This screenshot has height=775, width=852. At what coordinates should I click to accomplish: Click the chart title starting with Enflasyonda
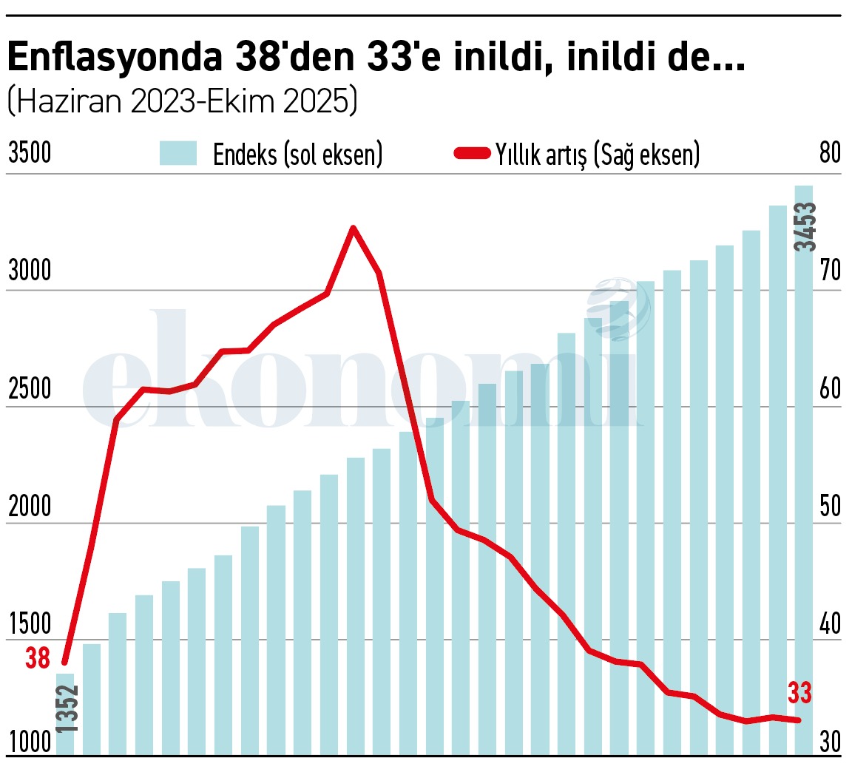(376, 58)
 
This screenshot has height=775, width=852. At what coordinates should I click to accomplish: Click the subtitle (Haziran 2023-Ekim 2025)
(182, 101)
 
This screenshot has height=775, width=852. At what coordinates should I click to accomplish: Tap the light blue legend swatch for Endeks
(178, 154)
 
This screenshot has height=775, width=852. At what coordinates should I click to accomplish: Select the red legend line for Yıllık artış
(471, 154)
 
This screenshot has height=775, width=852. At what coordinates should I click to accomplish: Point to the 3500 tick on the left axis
(30, 154)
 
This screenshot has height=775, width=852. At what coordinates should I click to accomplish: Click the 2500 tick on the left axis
(30, 389)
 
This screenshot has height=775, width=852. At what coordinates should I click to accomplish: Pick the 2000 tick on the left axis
(30, 507)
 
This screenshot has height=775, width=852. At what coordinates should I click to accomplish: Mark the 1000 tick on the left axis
(30, 742)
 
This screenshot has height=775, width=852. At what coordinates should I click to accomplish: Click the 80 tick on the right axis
(830, 153)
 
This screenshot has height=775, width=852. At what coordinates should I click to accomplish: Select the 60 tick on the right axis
(830, 389)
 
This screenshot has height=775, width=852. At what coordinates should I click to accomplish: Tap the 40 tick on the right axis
(830, 624)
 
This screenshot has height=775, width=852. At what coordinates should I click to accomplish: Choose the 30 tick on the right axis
(830, 742)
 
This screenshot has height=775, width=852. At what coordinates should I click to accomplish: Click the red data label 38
(38, 658)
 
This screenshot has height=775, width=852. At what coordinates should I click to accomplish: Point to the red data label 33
(799, 694)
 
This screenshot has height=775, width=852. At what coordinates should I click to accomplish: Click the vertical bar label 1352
(67, 708)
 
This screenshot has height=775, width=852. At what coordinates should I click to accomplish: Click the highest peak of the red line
(354, 228)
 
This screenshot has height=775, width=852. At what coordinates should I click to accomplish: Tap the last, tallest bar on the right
(804, 473)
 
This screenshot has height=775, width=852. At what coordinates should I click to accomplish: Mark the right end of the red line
(799, 720)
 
